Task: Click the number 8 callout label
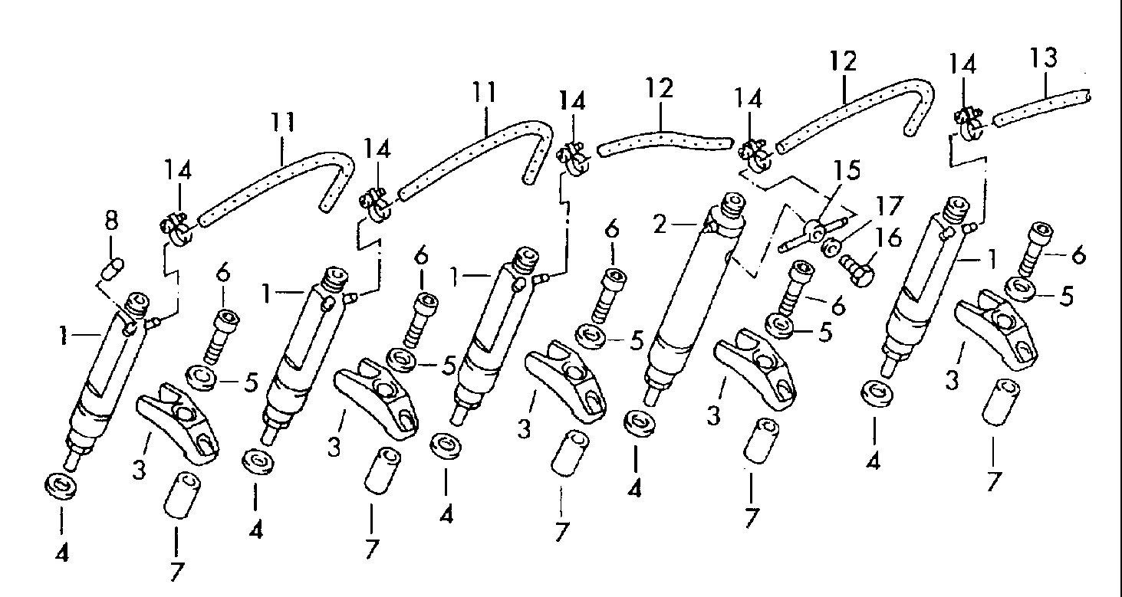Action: [111, 220]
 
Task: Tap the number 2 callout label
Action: [660, 225]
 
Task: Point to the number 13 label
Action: [1044, 57]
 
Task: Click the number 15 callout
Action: [846, 170]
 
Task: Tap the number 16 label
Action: [887, 238]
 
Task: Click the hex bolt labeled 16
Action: [857, 271]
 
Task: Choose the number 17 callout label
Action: [888, 205]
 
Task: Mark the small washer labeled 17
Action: [831, 248]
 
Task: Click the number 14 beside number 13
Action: [962, 65]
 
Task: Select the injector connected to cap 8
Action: [105, 380]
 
